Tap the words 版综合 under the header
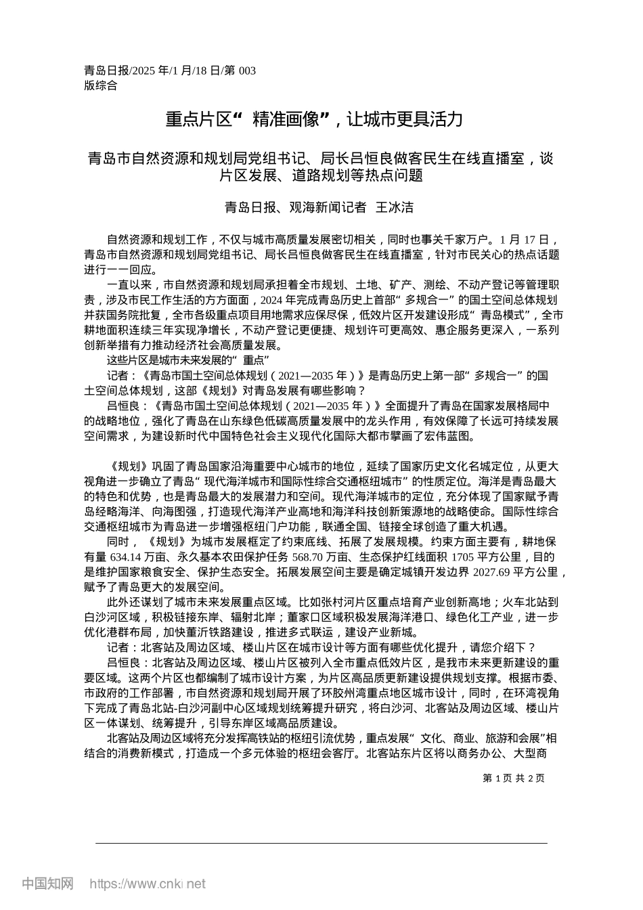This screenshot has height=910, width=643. click(100, 85)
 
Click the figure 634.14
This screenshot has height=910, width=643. click(125, 557)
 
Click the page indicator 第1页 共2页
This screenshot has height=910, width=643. click(514, 778)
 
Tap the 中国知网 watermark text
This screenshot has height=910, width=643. click(47, 884)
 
